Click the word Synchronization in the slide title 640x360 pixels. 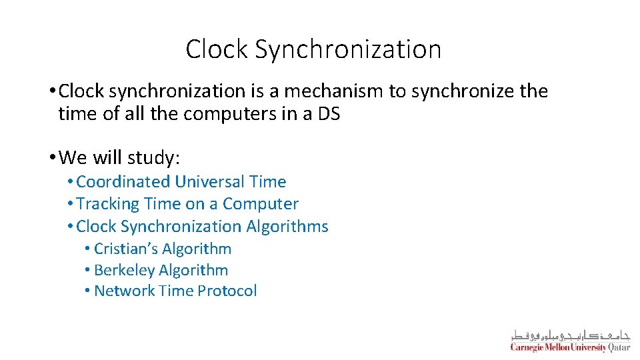pyautogui.click(x=348, y=50)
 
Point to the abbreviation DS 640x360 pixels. pyautogui.click(x=329, y=114)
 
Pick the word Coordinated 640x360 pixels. pyautogui.click(x=125, y=182)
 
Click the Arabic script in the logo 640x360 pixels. pyautogui.click(x=570, y=335)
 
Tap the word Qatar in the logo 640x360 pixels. pyautogui.click(x=619, y=347)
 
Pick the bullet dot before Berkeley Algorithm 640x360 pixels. pyautogui.click(x=87, y=270)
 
